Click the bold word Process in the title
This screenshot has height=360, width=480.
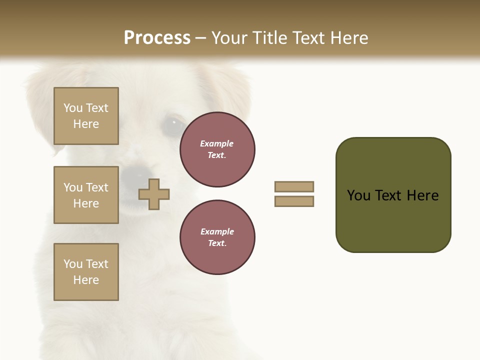pyautogui.click(x=157, y=38)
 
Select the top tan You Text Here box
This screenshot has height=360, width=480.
pyautogui.click(x=86, y=116)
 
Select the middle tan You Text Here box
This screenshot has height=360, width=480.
pyautogui.click(x=86, y=195)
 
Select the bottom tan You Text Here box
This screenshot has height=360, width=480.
pyautogui.click(x=86, y=272)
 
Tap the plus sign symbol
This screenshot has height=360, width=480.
pyautogui.click(x=154, y=194)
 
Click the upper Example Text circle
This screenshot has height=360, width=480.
pyautogui.click(x=217, y=149)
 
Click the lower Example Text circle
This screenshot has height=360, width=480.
pyautogui.click(x=217, y=237)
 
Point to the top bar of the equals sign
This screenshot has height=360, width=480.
pyautogui.click(x=294, y=186)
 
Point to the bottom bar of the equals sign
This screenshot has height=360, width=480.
pyautogui.click(x=294, y=201)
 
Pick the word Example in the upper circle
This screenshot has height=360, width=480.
pyautogui.click(x=217, y=143)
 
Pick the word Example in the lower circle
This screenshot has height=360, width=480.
pyautogui.click(x=217, y=231)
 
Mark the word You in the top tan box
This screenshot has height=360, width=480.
pyautogui.click(x=73, y=108)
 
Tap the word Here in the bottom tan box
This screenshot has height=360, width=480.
pyautogui.click(x=86, y=280)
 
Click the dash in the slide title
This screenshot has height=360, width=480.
pyautogui.click(x=200, y=38)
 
